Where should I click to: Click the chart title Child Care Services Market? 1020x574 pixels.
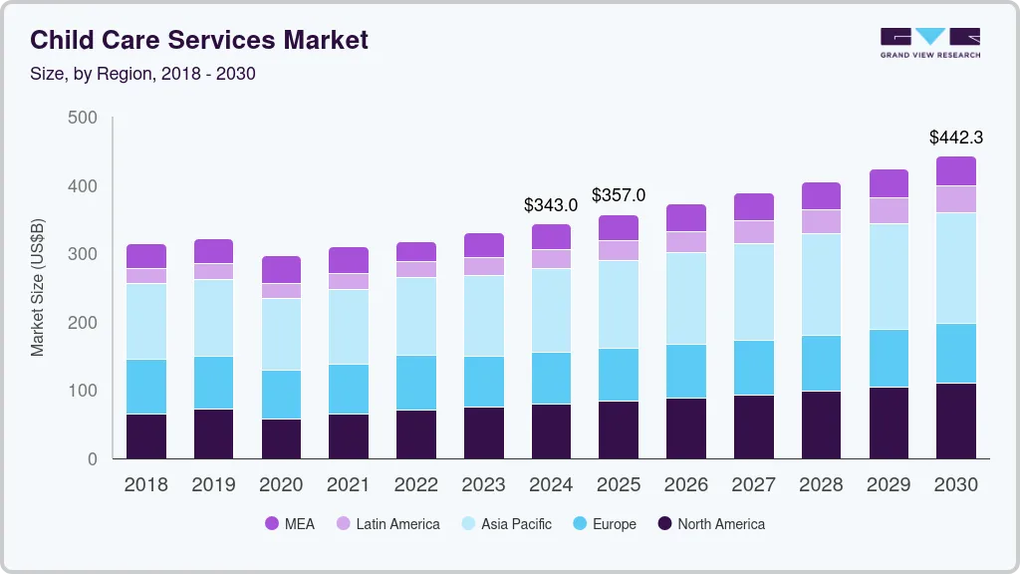coord(199,40)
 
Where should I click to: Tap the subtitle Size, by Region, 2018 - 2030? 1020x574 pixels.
coord(142,74)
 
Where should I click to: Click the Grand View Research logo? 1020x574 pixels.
coord(929,42)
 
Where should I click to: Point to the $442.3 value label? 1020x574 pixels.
coord(956,137)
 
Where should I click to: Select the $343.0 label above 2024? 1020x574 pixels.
coord(551,205)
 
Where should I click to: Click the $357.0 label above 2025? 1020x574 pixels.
coord(619,195)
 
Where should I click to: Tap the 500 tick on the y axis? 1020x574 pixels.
coord(83,118)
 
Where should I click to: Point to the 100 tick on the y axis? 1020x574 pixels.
coord(83,391)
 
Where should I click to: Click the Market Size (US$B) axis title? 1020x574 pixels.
coord(38,286)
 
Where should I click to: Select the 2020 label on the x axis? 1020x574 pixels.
coord(281,484)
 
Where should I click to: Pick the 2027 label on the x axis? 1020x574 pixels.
coord(754,484)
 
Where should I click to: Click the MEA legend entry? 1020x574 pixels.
coord(289,524)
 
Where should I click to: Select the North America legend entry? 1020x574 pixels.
coord(710,524)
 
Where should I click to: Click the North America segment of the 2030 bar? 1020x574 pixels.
coord(956,421)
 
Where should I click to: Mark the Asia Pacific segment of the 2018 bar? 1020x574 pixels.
coord(146,321)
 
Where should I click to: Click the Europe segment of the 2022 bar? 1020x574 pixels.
coord(416,383)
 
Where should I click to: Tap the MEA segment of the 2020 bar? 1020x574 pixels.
coord(281,269)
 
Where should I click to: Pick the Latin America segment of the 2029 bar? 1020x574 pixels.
coord(889,210)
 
